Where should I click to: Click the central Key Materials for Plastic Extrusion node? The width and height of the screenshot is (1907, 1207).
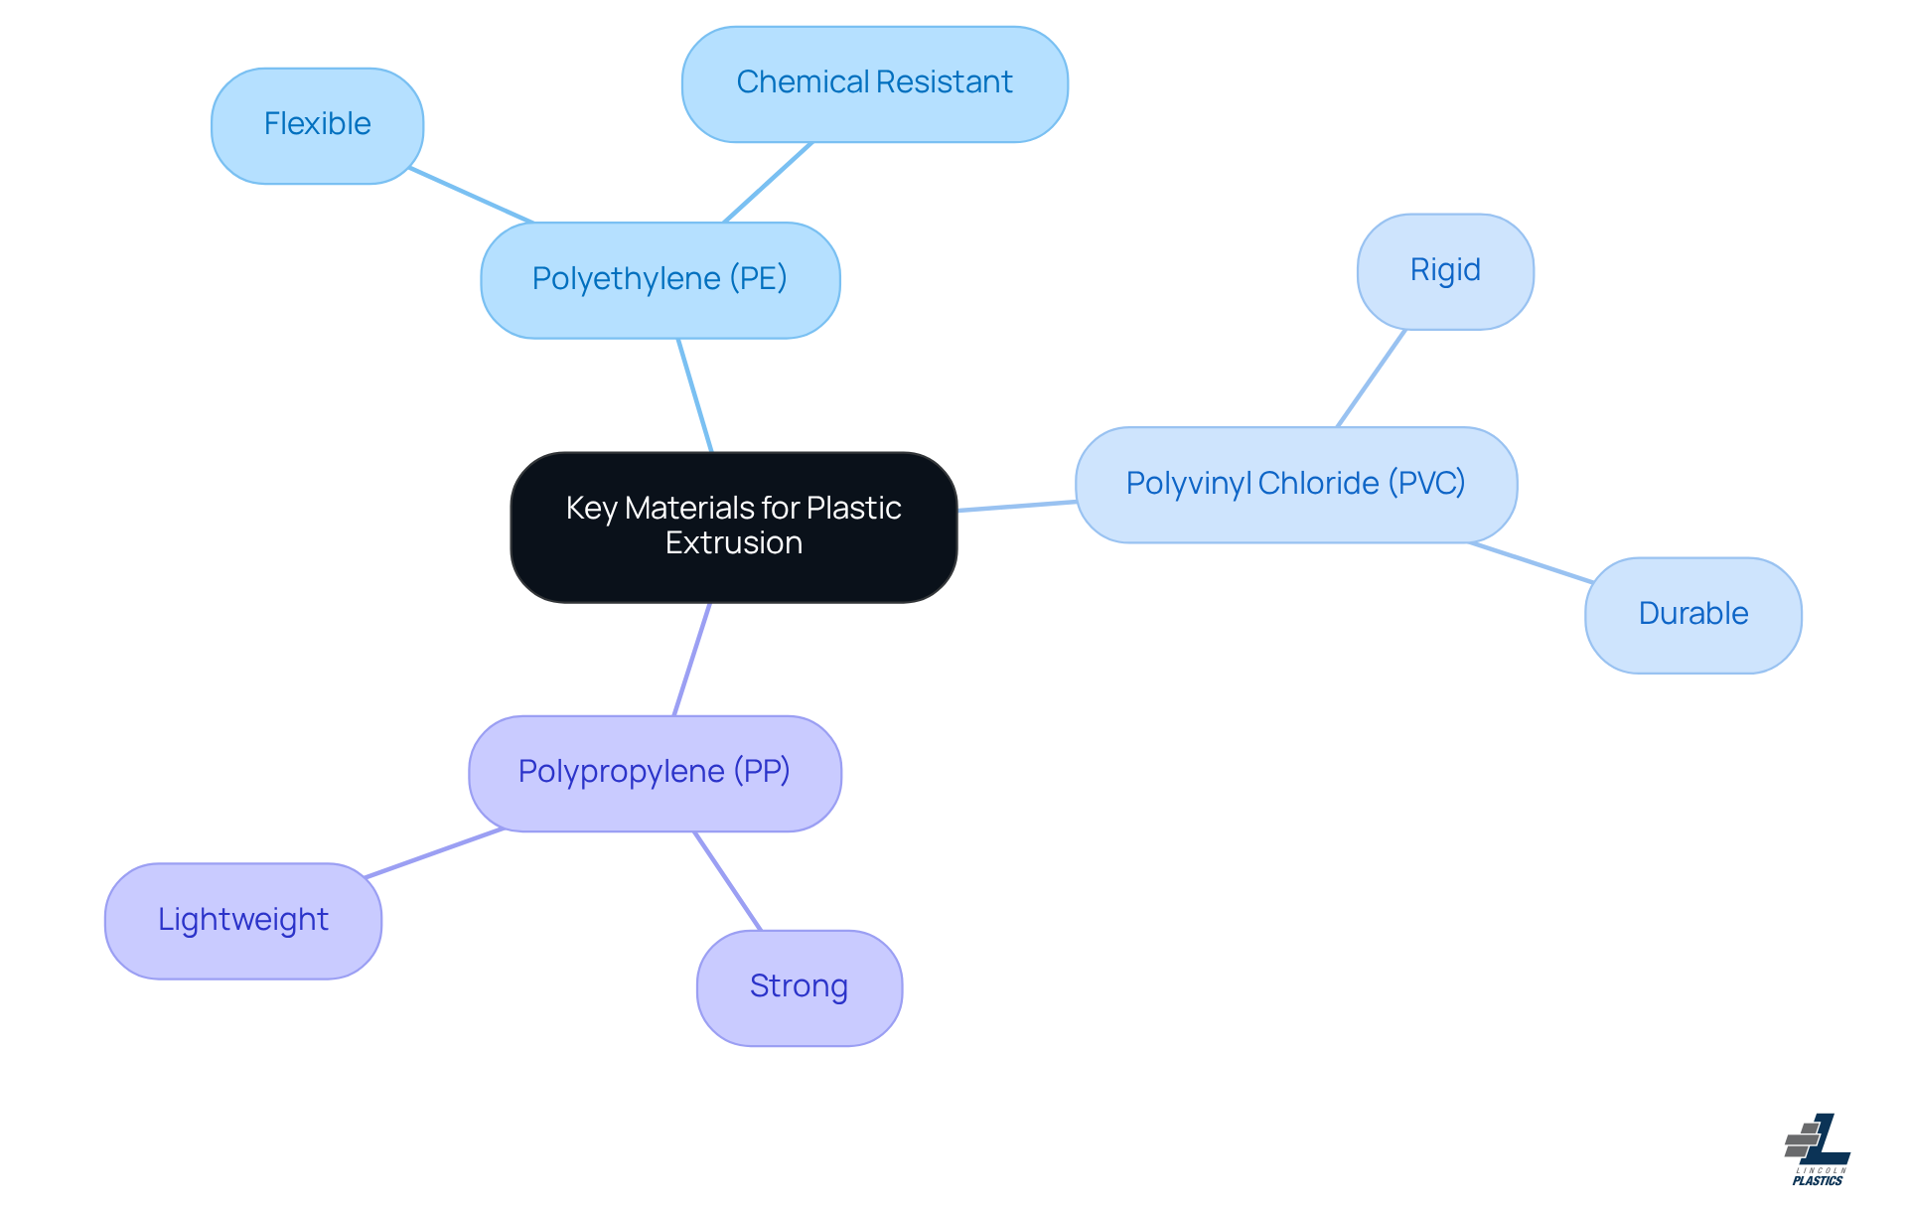pyautogui.click(x=733, y=527)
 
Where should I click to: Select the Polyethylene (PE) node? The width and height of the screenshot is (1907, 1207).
pyautogui.click(x=660, y=280)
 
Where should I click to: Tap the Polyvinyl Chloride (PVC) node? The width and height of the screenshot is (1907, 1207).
pyautogui.click(x=1295, y=485)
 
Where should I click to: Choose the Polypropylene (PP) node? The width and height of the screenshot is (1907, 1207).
pyautogui.click(x=655, y=773)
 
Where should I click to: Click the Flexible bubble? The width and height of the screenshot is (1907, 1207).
pyautogui.click(x=317, y=125)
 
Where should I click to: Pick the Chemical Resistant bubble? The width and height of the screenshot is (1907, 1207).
pyautogui.click(x=874, y=83)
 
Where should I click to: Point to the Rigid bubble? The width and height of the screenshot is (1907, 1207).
pyautogui.click(x=1444, y=271)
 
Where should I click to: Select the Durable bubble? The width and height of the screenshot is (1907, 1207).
pyautogui.click(x=1692, y=615)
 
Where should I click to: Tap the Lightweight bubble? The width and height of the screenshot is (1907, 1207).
pyautogui.click(x=242, y=921)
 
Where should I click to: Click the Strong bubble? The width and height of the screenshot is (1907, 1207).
pyautogui.click(x=799, y=987)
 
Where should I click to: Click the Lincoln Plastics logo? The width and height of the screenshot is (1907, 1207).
pyautogui.click(x=1818, y=1149)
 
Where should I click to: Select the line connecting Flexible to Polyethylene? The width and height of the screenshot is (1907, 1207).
pyautogui.click(x=472, y=196)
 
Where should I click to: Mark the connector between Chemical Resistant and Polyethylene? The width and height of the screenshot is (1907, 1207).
pyautogui.click(x=768, y=183)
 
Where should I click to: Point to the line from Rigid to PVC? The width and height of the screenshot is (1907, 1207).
pyautogui.click(x=1372, y=378)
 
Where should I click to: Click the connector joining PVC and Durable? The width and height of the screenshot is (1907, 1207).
pyautogui.click(x=1531, y=562)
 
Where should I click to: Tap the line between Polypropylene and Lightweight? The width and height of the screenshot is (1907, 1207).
pyautogui.click(x=434, y=853)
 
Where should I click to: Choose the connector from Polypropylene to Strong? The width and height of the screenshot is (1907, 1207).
pyautogui.click(x=728, y=881)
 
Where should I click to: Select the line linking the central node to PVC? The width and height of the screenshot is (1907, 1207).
pyautogui.click(x=1017, y=507)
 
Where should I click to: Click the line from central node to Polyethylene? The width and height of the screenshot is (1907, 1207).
pyautogui.click(x=695, y=395)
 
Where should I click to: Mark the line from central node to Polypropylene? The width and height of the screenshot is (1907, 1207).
pyautogui.click(x=692, y=659)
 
